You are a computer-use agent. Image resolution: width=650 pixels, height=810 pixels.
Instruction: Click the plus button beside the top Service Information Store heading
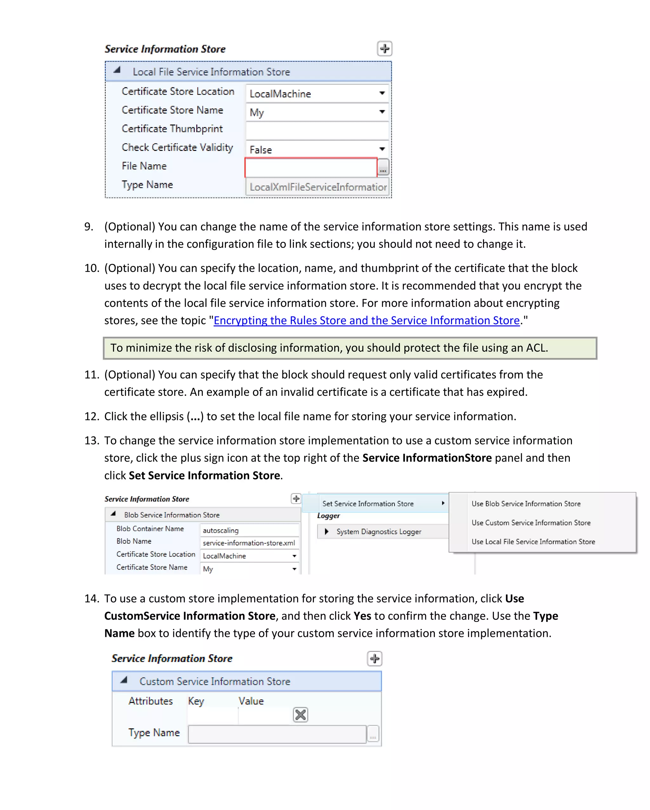384,49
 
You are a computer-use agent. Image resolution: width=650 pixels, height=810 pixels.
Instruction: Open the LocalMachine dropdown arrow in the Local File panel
382,93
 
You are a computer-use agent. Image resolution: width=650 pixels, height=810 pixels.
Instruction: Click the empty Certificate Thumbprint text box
317,130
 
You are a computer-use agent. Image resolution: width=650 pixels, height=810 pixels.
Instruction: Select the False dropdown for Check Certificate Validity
317,149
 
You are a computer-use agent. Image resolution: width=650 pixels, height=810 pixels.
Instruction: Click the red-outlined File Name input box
311,168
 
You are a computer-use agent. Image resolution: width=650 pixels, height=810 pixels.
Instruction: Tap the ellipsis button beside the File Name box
383,168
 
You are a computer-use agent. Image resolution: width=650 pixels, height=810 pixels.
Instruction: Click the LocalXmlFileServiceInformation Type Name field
317,187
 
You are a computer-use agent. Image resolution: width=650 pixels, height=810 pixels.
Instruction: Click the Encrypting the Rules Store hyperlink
366,321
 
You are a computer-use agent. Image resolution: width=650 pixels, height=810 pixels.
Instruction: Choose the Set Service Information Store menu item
368,503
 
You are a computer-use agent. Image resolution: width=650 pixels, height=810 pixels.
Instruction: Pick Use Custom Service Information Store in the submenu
531,523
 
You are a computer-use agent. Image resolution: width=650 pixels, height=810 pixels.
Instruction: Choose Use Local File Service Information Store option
533,541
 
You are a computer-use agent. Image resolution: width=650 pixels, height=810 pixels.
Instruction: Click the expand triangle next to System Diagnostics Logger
327,531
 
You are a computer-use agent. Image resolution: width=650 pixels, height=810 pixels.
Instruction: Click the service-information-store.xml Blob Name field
249,543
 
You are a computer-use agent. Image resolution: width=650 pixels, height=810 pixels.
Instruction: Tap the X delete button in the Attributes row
300,715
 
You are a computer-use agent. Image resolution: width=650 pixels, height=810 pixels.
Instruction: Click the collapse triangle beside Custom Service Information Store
124,680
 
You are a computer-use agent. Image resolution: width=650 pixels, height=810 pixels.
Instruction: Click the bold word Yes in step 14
362,616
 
